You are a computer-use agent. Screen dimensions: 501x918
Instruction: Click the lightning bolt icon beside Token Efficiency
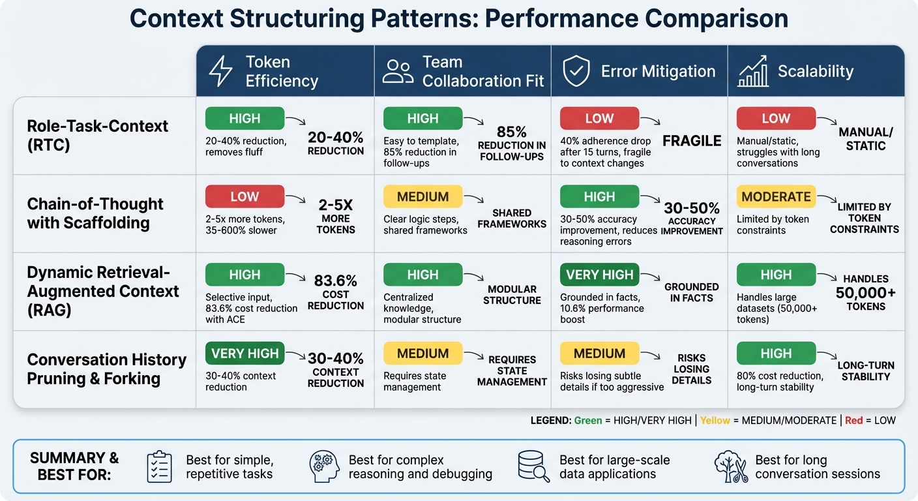[220, 71]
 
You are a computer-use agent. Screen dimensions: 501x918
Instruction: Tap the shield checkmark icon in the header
[576, 71]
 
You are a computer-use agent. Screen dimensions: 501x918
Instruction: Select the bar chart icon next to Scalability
[753, 72]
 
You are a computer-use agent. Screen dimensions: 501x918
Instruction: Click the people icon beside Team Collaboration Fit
[398, 71]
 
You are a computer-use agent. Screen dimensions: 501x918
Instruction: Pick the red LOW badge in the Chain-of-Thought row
[244, 196]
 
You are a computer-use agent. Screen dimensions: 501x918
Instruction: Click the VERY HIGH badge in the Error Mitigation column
[599, 275]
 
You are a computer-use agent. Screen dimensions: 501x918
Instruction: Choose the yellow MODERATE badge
[776, 196]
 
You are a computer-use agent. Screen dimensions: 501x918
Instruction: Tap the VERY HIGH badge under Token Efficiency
[244, 353]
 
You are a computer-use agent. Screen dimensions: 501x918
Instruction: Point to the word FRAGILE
[692, 141]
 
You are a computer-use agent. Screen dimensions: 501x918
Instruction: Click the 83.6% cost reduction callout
[336, 292]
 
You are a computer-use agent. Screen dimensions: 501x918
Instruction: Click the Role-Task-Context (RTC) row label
[98, 135]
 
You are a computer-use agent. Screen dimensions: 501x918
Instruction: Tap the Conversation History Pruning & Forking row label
[107, 369]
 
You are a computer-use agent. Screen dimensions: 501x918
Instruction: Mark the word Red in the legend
[853, 421]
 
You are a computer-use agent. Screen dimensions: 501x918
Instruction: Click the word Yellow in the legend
[715, 421]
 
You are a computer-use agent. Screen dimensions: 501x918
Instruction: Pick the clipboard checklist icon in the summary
[160, 466]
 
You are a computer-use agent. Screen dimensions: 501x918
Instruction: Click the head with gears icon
[324, 466]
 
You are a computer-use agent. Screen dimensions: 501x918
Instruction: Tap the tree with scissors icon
[730, 466]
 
